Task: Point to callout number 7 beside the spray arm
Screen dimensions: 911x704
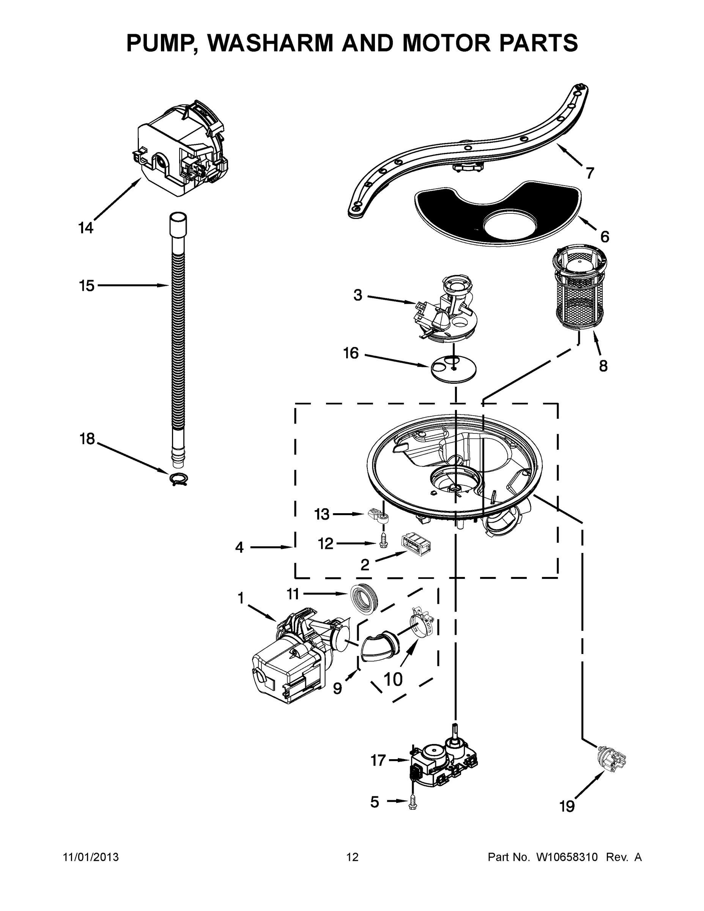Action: (589, 173)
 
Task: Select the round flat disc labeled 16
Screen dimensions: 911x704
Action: (453, 368)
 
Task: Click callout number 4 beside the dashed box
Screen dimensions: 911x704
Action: (239, 547)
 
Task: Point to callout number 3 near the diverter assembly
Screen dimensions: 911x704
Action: (358, 295)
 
